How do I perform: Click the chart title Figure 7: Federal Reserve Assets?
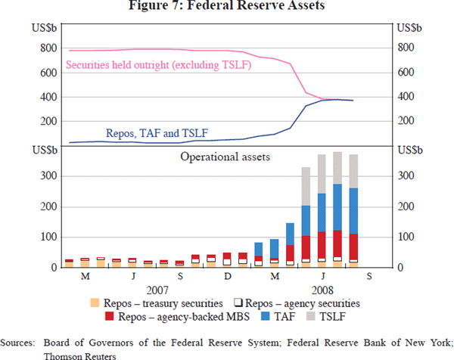(226, 8)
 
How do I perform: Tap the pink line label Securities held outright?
(158, 65)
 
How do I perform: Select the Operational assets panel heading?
(225, 157)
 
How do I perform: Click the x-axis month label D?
(227, 277)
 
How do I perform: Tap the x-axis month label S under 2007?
(180, 277)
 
